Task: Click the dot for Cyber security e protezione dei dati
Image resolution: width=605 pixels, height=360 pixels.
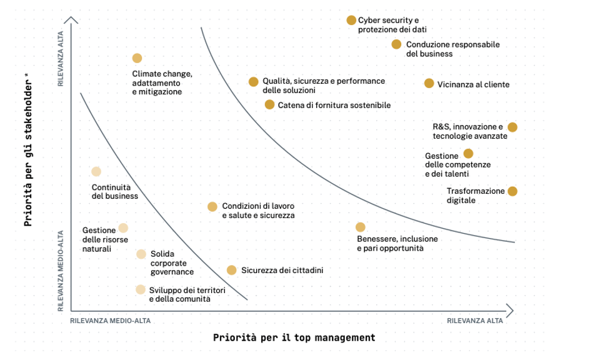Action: (x=351, y=21)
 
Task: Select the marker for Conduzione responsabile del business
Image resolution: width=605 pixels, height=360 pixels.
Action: (x=396, y=44)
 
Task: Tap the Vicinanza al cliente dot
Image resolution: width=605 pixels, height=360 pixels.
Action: (x=429, y=84)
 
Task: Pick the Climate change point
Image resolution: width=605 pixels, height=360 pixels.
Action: (x=137, y=58)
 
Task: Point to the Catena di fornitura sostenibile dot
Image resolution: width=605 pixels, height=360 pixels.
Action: (x=269, y=104)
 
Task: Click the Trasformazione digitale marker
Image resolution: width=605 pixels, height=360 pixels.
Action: (x=512, y=191)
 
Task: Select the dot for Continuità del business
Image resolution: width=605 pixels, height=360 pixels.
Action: (x=96, y=171)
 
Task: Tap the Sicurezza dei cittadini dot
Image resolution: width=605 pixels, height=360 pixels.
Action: (x=231, y=270)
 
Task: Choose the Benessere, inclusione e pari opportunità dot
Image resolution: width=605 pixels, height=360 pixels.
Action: (x=360, y=227)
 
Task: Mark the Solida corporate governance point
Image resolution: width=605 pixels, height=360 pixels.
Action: (x=141, y=254)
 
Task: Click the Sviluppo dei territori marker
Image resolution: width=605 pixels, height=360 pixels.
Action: (x=141, y=289)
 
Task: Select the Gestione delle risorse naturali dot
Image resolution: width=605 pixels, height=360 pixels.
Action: (x=123, y=228)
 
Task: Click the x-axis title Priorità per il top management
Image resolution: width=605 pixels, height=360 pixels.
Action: (x=294, y=337)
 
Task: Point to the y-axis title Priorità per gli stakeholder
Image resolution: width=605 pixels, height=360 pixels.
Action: (x=28, y=150)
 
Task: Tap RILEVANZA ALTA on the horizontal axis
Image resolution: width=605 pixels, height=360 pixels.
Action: (x=474, y=321)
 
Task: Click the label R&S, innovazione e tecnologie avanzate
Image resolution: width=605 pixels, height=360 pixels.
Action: (x=470, y=131)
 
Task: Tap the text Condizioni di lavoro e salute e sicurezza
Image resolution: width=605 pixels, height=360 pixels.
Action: (x=258, y=211)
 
